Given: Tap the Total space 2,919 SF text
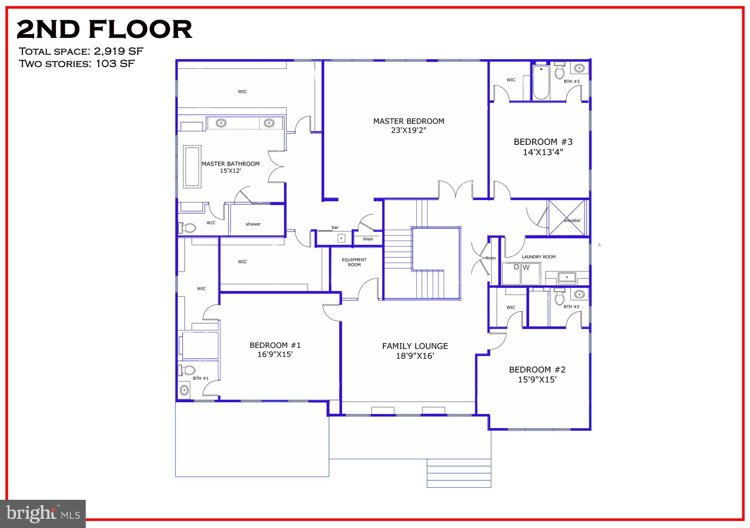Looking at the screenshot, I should (81, 51).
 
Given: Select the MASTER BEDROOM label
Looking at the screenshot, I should (409, 121).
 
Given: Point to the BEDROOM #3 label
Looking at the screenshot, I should (543, 142).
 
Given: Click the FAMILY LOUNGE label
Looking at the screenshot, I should (415, 346).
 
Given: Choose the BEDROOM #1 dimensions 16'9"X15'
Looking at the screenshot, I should (275, 355).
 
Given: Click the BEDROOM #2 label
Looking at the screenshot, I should (537, 370).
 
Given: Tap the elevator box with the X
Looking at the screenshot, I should (566, 218).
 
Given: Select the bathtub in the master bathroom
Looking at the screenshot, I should (192, 167).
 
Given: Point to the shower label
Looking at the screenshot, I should (253, 224).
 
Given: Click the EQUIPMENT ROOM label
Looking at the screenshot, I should (354, 262).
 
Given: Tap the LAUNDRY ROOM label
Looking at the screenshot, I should (538, 257).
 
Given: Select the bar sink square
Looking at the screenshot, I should (341, 239).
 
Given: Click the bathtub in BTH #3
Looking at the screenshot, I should (541, 82).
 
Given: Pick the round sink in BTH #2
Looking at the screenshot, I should (579, 294).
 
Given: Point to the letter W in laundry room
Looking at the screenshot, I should (526, 267).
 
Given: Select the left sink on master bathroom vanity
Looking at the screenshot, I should (221, 123).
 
